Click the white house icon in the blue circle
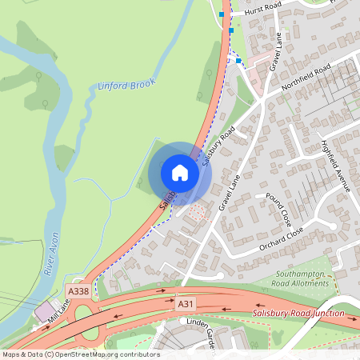[180, 173]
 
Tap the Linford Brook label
[126, 84]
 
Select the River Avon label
[51, 255]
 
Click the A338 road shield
[78, 291]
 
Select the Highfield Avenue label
[335, 166]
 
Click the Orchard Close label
[281, 238]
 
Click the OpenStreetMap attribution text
[81, 354]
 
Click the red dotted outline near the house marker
[195, 213]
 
